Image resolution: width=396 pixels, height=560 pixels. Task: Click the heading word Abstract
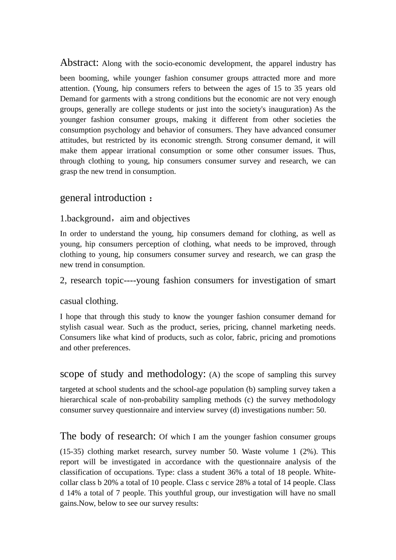[79, 62]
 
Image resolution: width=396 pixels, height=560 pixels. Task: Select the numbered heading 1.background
[85, 219]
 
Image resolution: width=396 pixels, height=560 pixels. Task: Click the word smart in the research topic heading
[325, 280]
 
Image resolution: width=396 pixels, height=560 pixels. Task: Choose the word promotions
[317, 337]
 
